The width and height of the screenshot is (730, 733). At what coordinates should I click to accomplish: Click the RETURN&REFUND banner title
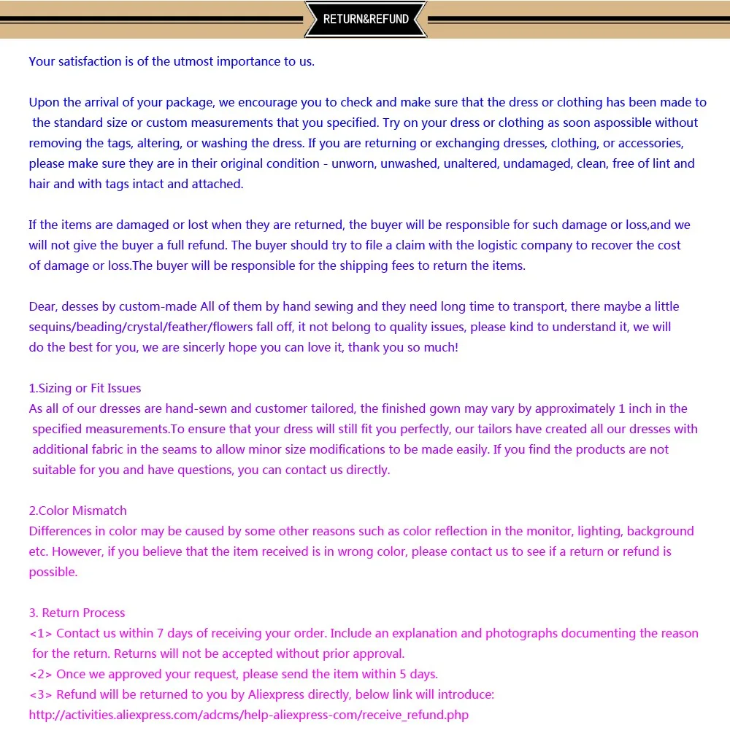(x=366, y=20)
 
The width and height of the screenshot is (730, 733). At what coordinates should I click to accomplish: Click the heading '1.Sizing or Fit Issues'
(x=85, y=388)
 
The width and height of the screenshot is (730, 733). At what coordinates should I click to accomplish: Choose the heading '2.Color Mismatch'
(x=77, y=511)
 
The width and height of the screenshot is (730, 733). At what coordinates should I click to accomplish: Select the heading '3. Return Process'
(x=77, y=613)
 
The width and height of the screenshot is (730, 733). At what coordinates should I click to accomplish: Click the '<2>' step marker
(x=41, y=674)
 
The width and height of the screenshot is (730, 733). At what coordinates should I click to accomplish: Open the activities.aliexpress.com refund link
(x=249, y=715)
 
